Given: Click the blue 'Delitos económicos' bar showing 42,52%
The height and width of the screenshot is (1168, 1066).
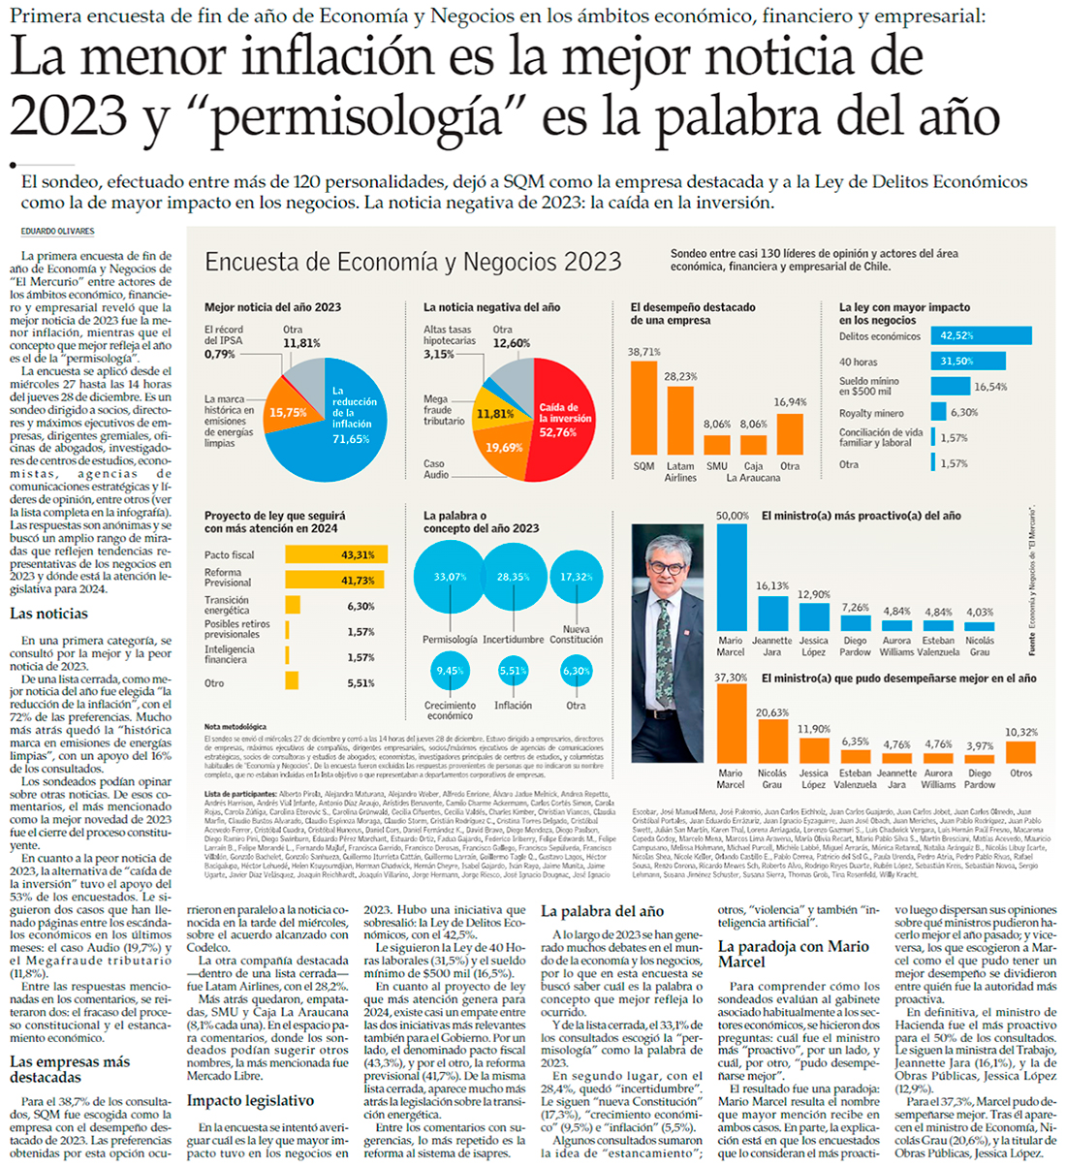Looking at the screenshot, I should [982, 335].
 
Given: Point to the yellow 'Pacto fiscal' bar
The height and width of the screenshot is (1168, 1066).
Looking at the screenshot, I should [336, 554].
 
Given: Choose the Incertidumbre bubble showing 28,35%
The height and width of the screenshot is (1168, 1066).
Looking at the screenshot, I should [514, 577].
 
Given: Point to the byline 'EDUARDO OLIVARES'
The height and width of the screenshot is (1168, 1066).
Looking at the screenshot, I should [58, 232].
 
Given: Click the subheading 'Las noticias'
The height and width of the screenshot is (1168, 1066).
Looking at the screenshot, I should [48, 614].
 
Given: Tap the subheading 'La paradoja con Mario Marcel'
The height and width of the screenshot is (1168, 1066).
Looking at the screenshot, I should [793, 954].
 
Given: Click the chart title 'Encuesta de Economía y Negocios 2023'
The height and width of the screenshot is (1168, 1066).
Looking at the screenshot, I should [413, 262].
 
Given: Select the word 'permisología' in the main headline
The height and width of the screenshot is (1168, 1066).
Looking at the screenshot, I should [357, 118].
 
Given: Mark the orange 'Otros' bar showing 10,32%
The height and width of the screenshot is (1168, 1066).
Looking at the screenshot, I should [1020, 752].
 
